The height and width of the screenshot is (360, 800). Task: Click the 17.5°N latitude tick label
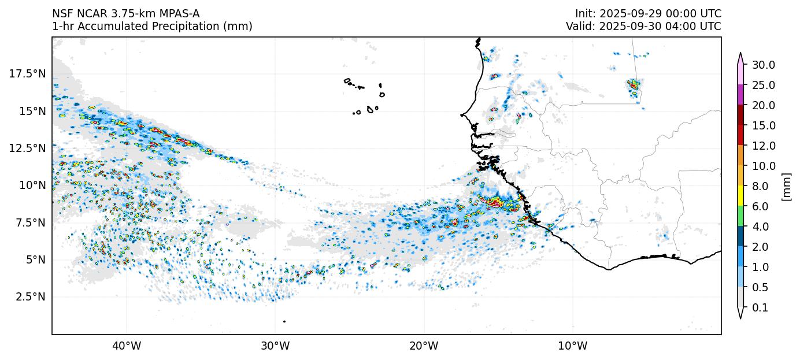coord(28,73)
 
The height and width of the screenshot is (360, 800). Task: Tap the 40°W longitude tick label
coord(127,346)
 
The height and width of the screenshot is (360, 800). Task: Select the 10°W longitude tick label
coord(573,346)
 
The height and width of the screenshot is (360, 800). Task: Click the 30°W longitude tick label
coord(275,346)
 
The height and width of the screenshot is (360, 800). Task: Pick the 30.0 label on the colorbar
coord(764,65)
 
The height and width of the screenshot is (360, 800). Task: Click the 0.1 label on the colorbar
coord(761,308)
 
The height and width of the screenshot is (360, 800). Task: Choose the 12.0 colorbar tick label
coord(764,146)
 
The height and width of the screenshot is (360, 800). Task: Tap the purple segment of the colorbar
coord(740,95)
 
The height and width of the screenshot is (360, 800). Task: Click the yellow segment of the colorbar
coord(740,196)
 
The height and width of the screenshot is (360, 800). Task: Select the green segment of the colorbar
coord(740,216)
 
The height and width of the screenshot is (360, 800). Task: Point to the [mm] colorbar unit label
coord(786,186)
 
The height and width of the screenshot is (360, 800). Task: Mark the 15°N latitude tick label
coord(32,110)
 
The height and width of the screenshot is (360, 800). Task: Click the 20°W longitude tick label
coord(424,346)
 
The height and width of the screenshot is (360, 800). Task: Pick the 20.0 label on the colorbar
coord(764,105)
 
